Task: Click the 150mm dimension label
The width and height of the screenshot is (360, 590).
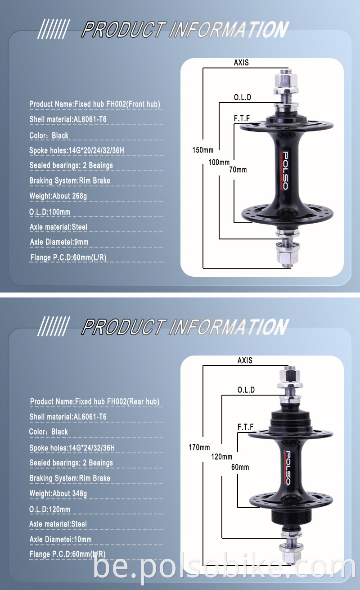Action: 203,150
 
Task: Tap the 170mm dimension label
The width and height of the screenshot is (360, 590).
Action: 199,447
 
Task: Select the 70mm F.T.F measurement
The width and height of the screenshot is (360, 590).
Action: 238,170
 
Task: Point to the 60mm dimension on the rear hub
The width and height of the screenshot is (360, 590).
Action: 240,467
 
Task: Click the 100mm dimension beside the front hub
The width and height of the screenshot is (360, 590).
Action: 219,162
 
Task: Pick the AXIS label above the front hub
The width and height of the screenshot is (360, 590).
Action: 241,63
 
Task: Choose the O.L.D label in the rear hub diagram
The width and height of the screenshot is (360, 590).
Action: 246,390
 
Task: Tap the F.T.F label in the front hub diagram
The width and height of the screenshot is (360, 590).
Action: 242,118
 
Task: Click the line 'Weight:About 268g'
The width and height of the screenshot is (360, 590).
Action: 58,196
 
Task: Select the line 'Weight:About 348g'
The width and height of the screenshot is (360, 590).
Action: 58,493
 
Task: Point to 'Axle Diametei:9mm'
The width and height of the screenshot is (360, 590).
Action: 59,242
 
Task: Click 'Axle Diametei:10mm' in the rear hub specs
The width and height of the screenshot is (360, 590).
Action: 60,539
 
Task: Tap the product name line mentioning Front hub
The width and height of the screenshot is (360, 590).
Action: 94,104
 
